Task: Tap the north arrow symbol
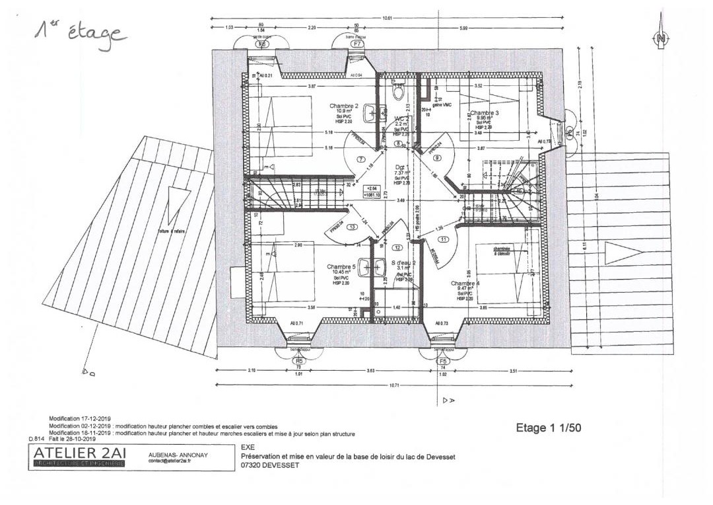(660, 40)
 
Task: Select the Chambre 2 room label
(343, 106)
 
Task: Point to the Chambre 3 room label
(485, 113)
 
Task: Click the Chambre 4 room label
(465, 283)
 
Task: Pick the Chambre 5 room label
(341, 267)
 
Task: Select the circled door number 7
(360, 159)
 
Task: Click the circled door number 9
(436, 157)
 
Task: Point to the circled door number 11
(442, 239)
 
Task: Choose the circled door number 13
(353, 227)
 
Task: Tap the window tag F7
(357, 44)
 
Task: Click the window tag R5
(298, 362)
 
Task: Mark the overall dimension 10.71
(395, 384)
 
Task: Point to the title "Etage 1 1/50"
(548, 428)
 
